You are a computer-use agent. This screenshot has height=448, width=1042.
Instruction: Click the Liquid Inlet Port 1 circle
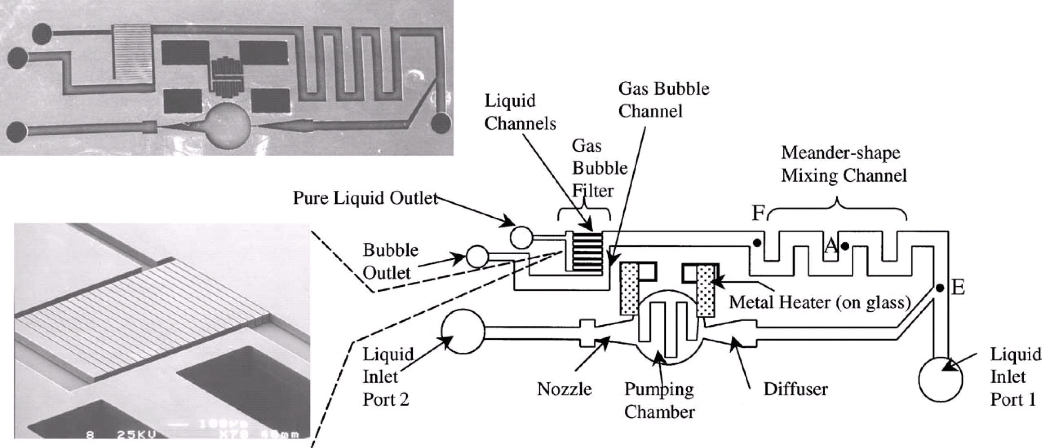click(940, 379)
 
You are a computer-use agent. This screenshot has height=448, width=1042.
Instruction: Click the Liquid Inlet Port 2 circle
click(462, 331)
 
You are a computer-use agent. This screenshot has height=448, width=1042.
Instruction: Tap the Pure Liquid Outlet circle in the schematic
click(521, 237)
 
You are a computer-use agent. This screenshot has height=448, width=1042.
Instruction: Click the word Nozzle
click(564, 389)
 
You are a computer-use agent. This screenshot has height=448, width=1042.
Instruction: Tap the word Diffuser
click(796, 389)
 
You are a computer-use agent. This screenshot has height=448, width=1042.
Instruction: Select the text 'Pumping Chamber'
click(659, 400)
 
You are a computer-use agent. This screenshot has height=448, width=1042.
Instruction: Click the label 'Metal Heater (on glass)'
click(820, 302)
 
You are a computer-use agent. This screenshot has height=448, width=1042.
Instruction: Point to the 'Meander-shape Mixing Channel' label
click(843, 164)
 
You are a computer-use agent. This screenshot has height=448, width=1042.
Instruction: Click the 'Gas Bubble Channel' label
click(663, 99)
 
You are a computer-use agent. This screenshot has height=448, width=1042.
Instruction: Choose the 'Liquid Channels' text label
click(520, 112)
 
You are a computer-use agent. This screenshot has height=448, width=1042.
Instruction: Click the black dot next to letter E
click(940, 288)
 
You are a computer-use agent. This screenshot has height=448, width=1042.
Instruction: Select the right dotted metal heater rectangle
click(705, 291)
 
